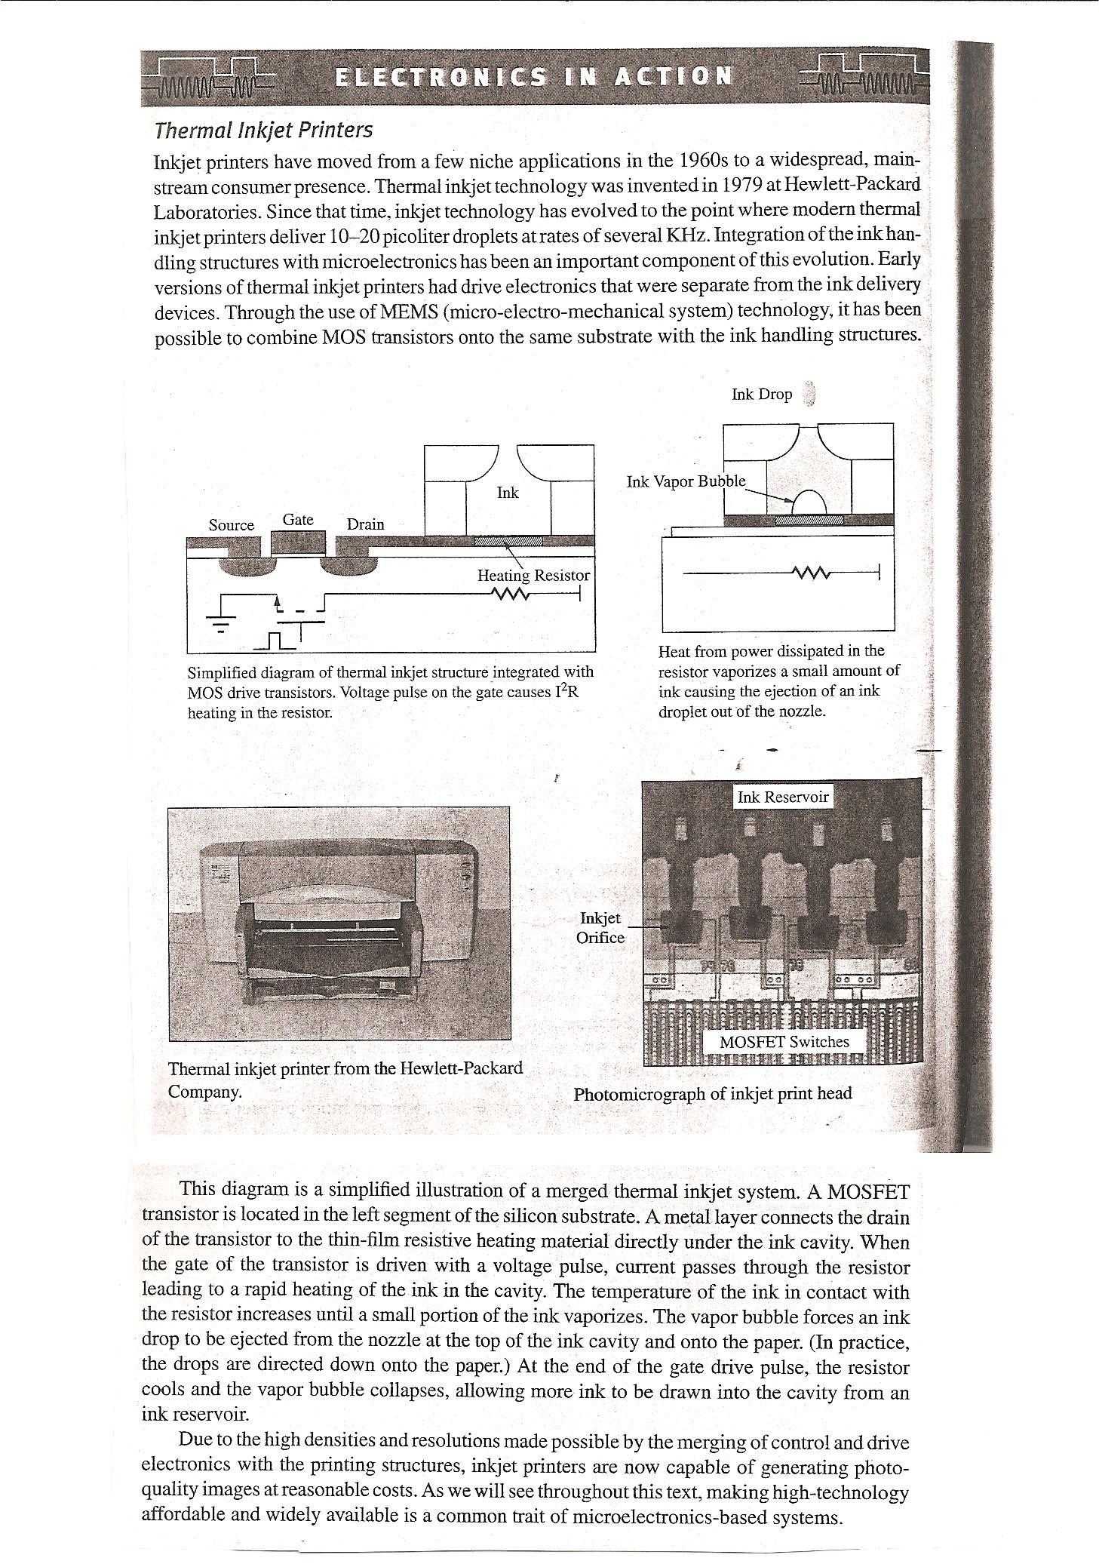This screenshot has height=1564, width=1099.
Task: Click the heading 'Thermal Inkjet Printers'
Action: point(262,131)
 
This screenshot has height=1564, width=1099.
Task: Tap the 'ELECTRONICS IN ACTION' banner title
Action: point(533,76)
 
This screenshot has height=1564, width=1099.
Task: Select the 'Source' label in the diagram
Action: point(231,525)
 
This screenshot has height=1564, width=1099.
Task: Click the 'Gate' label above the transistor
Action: point(297,519)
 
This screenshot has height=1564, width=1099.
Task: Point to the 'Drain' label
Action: point(365,524)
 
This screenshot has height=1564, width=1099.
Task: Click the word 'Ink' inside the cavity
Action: point(508,493)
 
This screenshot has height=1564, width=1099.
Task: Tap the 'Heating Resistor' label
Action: point(533,576)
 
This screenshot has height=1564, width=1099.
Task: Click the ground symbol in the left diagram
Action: point(220,621)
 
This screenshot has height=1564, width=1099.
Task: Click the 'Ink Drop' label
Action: point(761,395)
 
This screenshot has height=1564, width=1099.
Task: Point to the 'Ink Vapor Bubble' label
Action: point(686,481)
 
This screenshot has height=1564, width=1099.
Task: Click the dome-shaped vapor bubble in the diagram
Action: point(807,503)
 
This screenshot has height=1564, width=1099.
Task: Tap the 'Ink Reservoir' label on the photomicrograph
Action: point(783,797)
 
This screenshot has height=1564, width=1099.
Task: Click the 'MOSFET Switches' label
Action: point(784,1042)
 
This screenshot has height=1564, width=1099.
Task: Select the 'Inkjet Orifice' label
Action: point(600,927)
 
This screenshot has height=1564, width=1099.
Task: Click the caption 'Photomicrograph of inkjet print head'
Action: point(713,1094)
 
